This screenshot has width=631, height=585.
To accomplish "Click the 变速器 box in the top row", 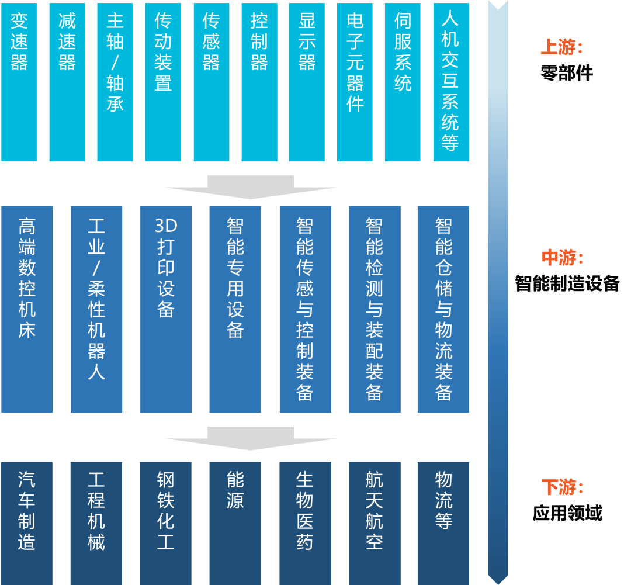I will click(19, 82).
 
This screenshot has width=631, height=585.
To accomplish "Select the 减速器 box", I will click(67, 82).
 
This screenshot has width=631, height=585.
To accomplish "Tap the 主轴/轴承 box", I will click(115, 82).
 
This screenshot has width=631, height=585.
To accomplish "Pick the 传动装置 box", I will click(162, 82).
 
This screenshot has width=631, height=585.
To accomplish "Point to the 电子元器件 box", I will click(355, 82).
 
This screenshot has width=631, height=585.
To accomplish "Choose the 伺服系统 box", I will click(403, 82).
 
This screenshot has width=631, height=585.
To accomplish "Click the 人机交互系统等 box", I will click(450, 82).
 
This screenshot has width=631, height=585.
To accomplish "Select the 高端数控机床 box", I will click(27, 309).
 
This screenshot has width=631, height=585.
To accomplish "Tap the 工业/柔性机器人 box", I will click(96, 309).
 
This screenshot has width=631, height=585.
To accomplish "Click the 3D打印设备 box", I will click(166, 309).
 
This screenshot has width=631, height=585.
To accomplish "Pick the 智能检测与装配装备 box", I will click(375, 309).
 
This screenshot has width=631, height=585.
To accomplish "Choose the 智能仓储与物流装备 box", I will click(443, 309).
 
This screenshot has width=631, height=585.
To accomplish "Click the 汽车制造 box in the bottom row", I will click(27, 522).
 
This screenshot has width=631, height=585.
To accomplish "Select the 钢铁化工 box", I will click(166, 522).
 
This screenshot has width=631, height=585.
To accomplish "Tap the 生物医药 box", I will click(305, 522).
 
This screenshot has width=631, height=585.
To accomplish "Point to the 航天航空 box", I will click(375, 522).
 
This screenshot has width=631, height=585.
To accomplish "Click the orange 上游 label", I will click(561, 47).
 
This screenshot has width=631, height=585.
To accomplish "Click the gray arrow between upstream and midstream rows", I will click(251, 187).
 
